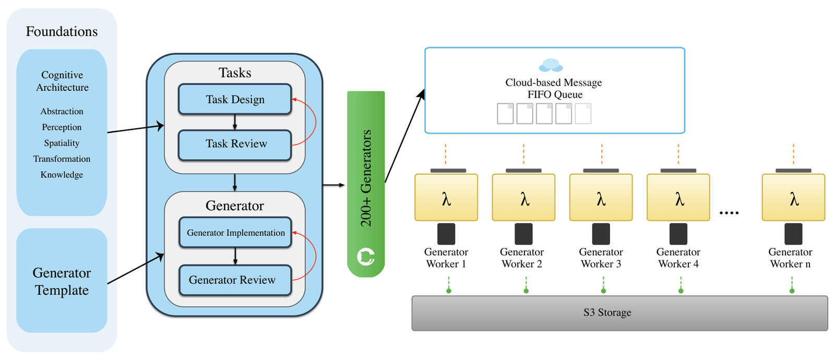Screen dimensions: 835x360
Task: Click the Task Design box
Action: [235, 99]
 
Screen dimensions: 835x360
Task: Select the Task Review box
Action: [235, 145]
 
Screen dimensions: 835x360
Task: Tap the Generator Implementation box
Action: [235, 233]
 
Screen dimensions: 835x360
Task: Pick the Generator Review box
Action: [235, 280]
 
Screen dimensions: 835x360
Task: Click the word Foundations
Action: [62, 32]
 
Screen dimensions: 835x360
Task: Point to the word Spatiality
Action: [62, 143]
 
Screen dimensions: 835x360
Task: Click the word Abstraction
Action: [62, 112]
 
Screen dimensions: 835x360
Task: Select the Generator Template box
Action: [62, 280]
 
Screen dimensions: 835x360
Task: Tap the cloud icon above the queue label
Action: [551, 65]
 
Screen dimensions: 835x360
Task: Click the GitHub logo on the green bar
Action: [366, 257]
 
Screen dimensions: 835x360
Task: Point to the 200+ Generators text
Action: [366, 178]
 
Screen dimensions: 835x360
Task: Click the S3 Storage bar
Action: [619, 313]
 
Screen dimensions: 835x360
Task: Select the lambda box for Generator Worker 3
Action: [601, 198]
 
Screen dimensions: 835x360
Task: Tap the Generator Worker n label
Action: [790, 258]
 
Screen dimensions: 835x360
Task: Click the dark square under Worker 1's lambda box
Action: [446, 234]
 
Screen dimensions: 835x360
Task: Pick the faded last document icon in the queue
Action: [583, 113]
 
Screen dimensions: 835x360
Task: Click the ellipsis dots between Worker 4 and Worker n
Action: [729, 213]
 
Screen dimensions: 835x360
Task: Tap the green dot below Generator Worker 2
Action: [526, 291]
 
